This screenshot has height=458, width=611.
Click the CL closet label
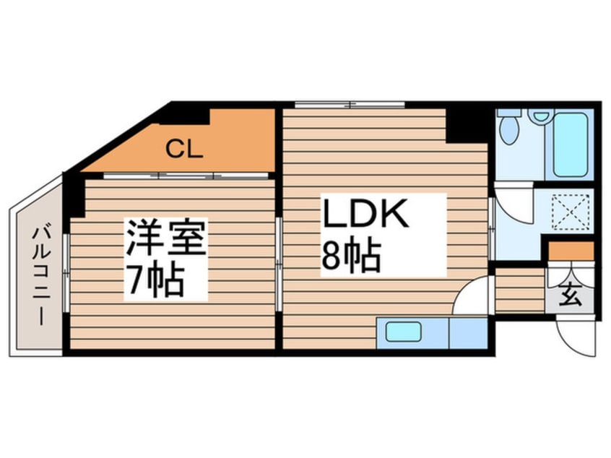(x=184, y=149)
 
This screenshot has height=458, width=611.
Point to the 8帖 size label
(x=351, y=256)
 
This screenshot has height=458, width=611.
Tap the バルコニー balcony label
(x=42, y=276)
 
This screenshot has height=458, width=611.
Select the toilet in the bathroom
(x=509, y=127)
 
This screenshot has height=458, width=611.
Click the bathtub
(x=570, y=144)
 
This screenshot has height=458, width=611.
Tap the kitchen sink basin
(x=403, y=332)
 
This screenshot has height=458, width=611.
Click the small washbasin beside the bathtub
(x=541, y=116)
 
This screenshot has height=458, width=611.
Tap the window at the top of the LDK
(x=350, y=105)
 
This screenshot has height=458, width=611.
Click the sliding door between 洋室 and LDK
(x=279, y=264)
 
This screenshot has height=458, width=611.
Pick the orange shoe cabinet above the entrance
(x=571, y=251)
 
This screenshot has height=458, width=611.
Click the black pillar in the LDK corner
(x=467, y=126)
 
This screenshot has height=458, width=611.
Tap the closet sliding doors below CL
(x=186, y=176)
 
